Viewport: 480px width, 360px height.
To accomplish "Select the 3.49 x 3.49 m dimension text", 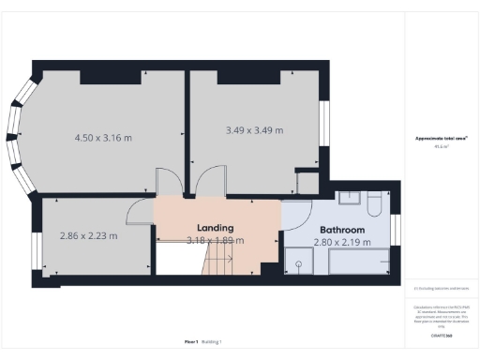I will (254, 129).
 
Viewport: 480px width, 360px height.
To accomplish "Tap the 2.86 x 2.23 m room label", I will (88, 235).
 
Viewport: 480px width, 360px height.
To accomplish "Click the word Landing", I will (215, 228).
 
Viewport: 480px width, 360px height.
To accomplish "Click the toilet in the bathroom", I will (373, 203).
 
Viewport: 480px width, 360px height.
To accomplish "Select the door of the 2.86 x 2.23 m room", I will (141, 211).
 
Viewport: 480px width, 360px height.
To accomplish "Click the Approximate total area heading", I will (442, 139).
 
